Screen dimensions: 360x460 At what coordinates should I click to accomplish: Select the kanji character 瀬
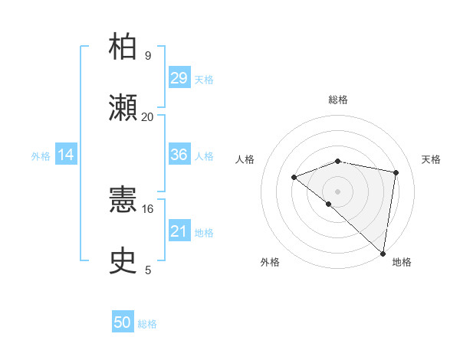click(x=123, y=108)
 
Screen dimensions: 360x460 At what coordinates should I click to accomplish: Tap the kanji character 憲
click(x=123, y=201)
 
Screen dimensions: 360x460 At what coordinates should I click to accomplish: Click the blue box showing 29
click(x=179, y=78)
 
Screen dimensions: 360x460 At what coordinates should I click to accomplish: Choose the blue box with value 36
click(x=179, y=155)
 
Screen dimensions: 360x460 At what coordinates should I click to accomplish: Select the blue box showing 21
click(x=179, y=231)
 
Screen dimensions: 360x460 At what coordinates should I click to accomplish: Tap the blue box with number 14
click(x=66, y=155)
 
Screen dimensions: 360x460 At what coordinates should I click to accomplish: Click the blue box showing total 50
click(x=123, y=322)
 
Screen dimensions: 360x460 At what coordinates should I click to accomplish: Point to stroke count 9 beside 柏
click(x=147, y=56)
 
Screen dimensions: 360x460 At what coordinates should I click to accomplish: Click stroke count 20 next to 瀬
click(x=147, y=117)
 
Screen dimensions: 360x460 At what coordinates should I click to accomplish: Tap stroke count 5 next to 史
click(x=147, y=270)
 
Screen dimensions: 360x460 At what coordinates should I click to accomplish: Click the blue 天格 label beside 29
click(x=204, y=80)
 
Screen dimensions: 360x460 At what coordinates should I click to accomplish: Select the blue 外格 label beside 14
click(x=41, y=156)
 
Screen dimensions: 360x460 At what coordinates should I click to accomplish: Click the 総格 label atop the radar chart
click(x=338, y=100)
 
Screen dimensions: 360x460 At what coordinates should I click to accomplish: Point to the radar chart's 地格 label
click(x=402, y=262)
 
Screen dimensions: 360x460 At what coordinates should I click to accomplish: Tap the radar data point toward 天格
click(x=396, y=172)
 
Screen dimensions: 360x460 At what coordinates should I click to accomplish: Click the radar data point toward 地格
click(x=383, y=254)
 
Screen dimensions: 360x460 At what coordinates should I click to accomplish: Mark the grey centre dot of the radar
click(x=337, y=191)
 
